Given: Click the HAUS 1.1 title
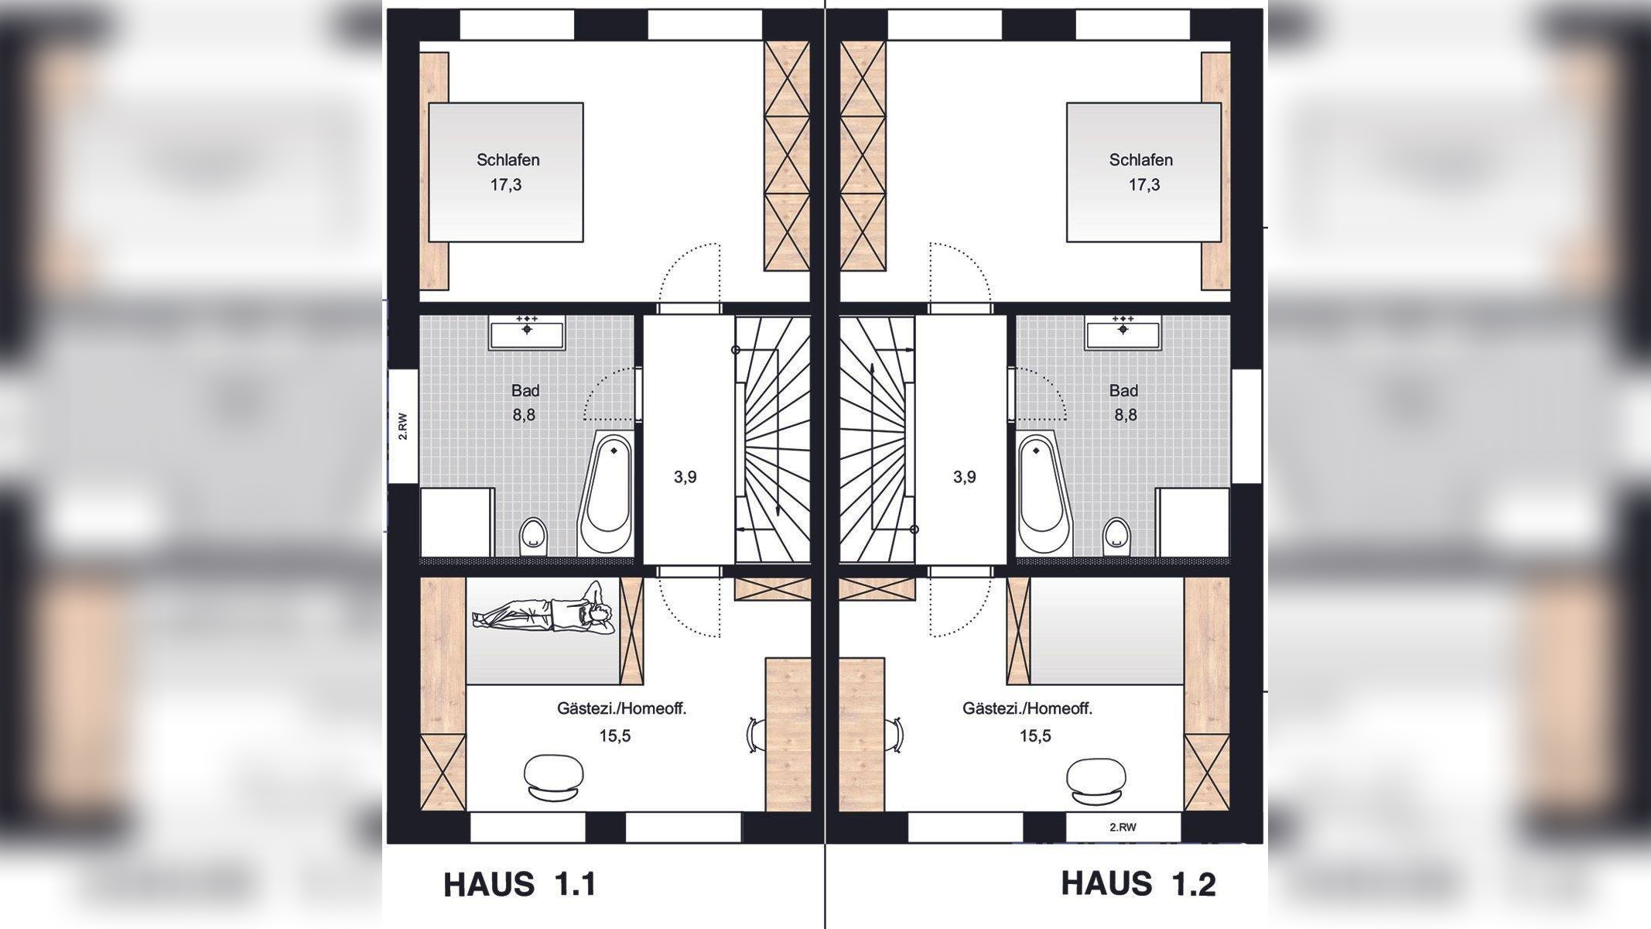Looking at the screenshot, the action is (519, 884).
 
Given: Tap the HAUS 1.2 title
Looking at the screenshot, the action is (1138, 883).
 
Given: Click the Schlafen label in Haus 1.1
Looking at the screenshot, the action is (508, 160).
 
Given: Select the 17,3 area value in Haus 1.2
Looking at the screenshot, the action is (1143, 185).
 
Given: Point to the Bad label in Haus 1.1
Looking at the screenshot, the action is (525, 391).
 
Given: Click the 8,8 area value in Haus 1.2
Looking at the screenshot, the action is (1126, 415).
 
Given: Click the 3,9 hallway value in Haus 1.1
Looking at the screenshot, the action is (685, 477).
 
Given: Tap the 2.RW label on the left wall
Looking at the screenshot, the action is (402, 426).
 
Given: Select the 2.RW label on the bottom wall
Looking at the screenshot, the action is (1123, 827).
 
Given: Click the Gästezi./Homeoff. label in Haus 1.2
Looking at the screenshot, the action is (1027, 708).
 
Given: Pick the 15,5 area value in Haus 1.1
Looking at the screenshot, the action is (615, 735).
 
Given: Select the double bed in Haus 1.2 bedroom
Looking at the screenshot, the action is (1143, 172).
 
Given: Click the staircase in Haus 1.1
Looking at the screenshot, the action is (772, 439).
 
